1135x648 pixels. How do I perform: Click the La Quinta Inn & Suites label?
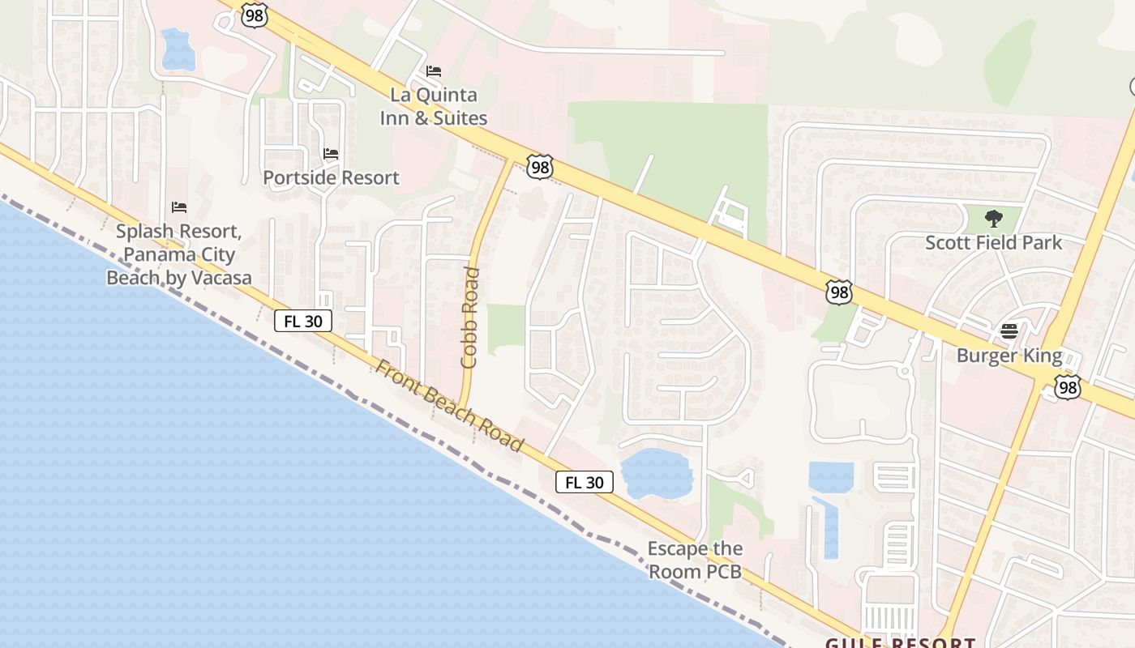pyautogui.click(x=434, y=106)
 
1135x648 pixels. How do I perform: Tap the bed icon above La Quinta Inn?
pyautogui.click(x=434, y=71)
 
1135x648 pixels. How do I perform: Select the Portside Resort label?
pyautogui.click(x=331, y=177)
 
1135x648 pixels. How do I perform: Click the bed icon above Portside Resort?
pyautogui.click(x=331, y=153)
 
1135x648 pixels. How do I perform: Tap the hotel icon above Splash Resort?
pyautogui.click(x=179, y=208)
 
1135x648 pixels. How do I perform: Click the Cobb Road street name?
pyautogui.click(x=470, y=318)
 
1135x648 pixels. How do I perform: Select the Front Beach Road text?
pyautogui.click(x=449, y=405)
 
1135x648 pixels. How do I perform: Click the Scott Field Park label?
pyautogui.click(x=993, y=242)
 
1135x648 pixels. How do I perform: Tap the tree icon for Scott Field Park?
pyautogui.click(x=993, y=218)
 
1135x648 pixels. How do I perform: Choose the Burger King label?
pyautogui.click(x=1009, y=356)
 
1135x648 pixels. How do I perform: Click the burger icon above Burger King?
pyautogui.click(x=1009, y=331)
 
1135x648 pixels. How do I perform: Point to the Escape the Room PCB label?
pyautogui.click(x=695, y=560)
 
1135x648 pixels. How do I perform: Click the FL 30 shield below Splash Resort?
pyautogui.click(x=303, y=321)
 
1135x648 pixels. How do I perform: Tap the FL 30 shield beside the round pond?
pyautogui.click(x=584, y=482)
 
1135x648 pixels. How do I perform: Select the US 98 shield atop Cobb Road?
pyautogui.click(x=539, y=166)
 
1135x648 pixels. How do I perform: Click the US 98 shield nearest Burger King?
pyautogui.click(x=1068, y=387)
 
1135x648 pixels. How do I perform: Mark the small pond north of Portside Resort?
pyautogui.click(x=178, y=49)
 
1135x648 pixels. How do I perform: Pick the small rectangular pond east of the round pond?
pyautogui.click(x=831, y=476)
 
